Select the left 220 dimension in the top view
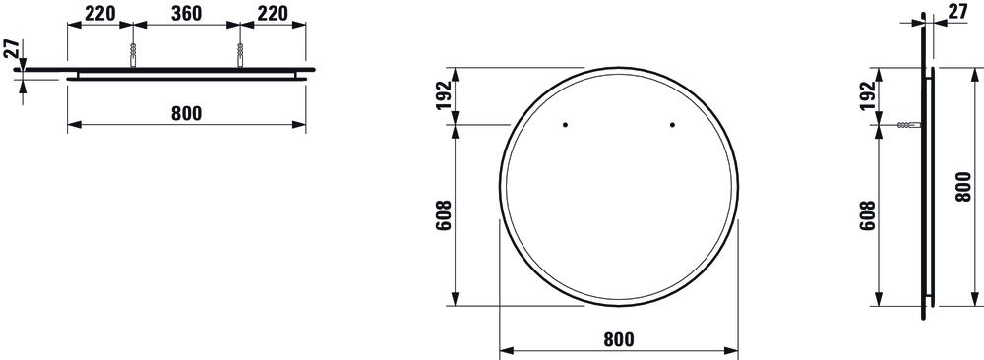coord(99,14)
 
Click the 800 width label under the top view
coord(186,113)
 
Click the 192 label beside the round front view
coord(443,95)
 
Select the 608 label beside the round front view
coord(443,214)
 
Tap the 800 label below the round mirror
coord(617,339)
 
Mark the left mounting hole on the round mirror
coord(566,124)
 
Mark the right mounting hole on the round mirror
coord(672,124)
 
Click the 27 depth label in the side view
coord(957,13)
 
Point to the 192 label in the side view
coord(866,95)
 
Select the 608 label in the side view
coord(866,214)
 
